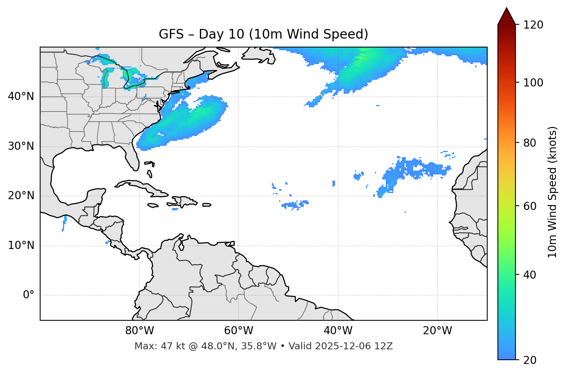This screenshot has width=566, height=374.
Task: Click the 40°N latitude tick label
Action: point(21,96)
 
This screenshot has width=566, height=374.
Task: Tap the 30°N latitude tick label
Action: point(21,146)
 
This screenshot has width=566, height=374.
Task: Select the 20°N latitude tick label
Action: point(21,196)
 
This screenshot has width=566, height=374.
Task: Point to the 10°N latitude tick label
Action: point(21,245)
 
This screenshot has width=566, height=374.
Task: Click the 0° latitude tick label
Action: point(29,295)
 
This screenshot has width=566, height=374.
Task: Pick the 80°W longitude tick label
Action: point(139,331)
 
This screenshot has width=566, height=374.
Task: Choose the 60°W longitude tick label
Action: point(239,331)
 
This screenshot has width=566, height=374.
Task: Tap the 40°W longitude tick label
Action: point(338,331)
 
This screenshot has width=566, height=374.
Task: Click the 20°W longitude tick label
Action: point(437,331)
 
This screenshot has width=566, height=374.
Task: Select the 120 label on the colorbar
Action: point(533,25)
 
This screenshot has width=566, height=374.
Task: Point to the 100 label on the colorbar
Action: point(533,83)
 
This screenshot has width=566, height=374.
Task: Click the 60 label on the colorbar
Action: point(530,206)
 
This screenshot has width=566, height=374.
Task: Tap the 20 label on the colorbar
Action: point(530,360)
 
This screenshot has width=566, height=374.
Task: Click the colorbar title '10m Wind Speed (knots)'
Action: point(552,192)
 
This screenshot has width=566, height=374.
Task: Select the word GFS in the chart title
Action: point(171,34)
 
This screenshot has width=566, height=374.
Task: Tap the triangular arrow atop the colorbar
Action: point(507,16)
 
